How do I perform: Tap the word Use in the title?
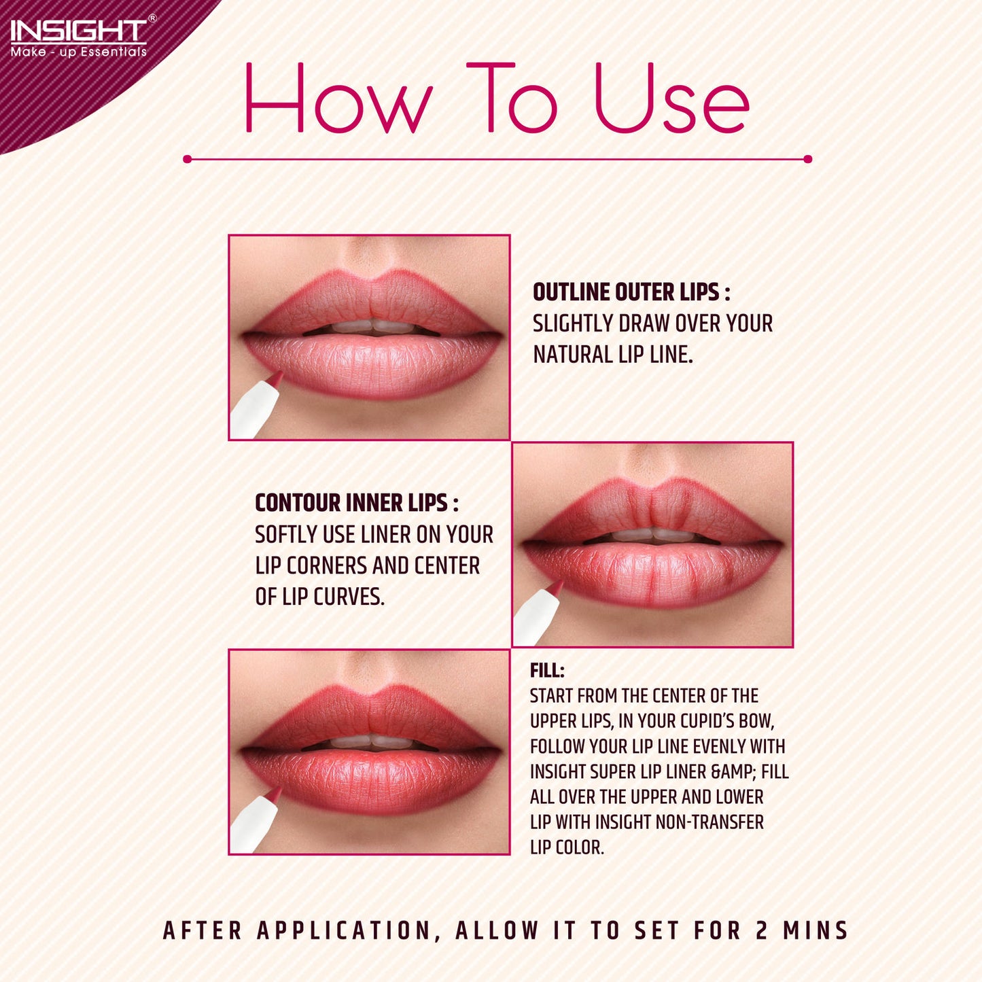tap(672, 98)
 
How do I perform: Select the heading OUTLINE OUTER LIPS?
tap(631, 292)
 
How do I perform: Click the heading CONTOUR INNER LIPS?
tap(356, 503)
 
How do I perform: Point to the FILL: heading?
tap(547, 671)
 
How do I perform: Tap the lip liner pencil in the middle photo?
tap(538, 612)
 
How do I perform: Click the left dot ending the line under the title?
tap(187, 160)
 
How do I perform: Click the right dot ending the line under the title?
tap(807, 160)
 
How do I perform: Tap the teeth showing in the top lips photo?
tap(372, 327)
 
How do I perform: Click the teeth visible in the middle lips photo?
tap(654, 535)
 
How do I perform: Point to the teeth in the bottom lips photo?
tap(370, 741)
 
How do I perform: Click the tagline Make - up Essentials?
tap(78, 52)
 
